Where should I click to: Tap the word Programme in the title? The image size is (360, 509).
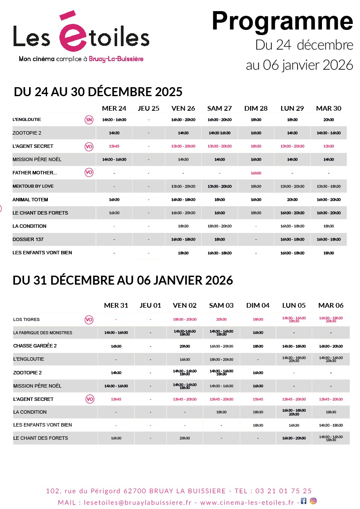[282, 21]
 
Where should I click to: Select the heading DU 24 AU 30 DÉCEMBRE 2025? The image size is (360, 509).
[98, 92]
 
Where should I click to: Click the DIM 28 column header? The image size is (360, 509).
[256, 109]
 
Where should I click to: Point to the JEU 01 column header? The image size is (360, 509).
[150, 306]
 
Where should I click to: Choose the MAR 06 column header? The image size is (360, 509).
[330, 306]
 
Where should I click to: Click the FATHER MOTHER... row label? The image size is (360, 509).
[35, 173]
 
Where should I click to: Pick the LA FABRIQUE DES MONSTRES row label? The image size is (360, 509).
[43, 332]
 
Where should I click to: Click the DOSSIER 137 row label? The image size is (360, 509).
[28, 239]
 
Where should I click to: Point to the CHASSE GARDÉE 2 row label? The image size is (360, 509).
[35, 346]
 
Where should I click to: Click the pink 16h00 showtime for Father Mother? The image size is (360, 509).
[256, 173]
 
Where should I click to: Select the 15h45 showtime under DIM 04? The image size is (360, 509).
[258, 399]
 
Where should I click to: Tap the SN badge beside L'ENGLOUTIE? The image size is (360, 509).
[89, 120]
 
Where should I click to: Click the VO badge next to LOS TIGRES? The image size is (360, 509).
[89, 319]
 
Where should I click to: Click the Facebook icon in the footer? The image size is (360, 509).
[304, 501]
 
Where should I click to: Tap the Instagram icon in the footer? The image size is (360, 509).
[313, 501]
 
